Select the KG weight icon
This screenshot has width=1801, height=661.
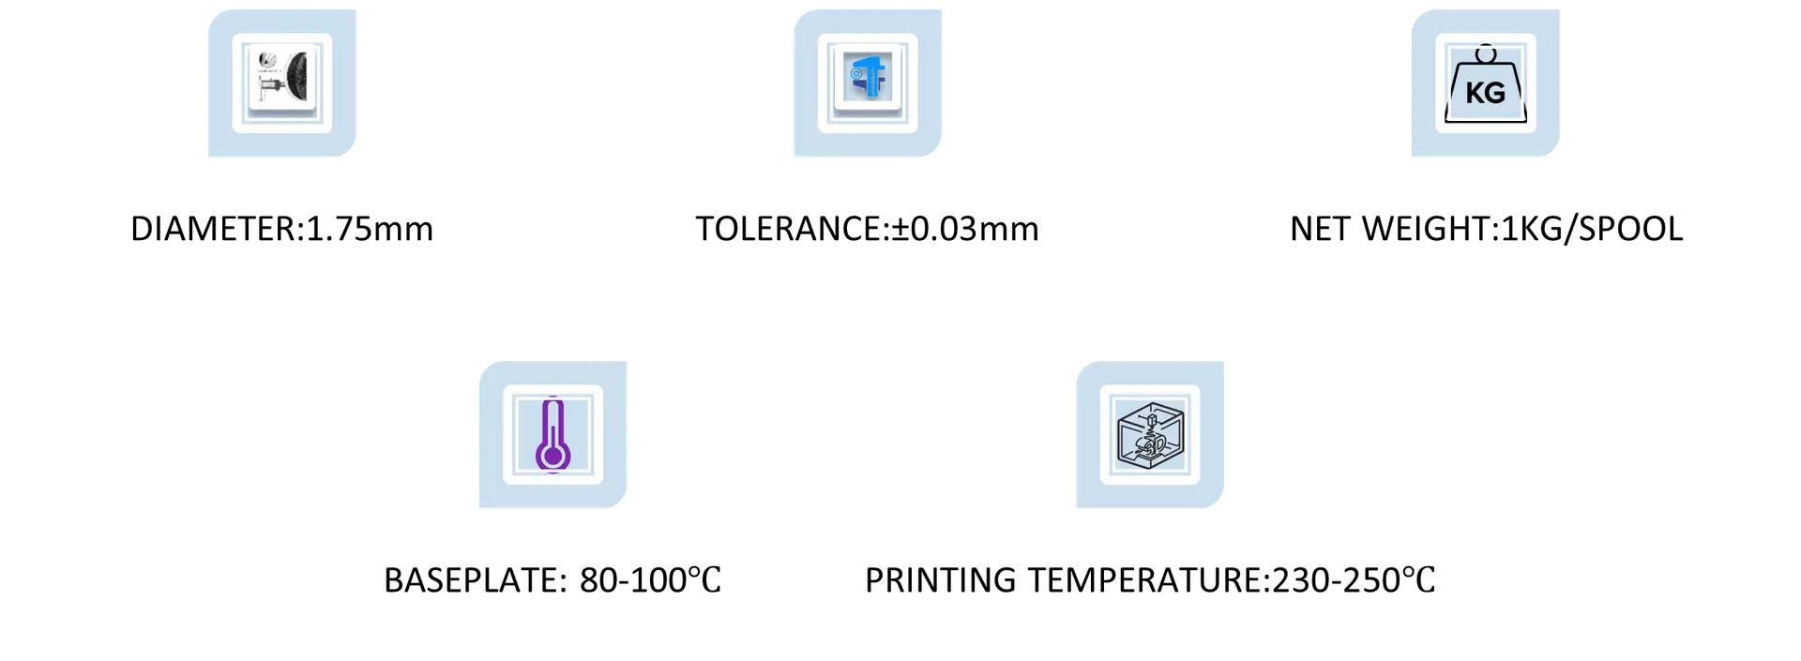[x=1486, y=83]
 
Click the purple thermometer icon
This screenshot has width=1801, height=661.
[x=553, y=435]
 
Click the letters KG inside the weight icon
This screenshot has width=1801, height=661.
[x=1486, y=93]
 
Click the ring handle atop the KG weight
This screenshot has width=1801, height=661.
[x=1486, y=53]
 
